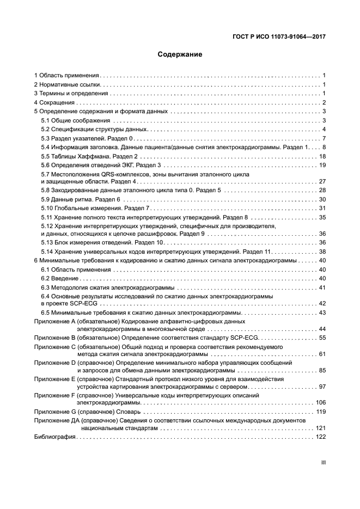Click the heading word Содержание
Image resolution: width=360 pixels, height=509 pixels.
(x=180, y=54)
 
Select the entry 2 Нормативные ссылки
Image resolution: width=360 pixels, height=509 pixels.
(x=68, y=84)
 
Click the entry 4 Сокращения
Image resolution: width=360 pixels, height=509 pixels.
(x=54, y=102)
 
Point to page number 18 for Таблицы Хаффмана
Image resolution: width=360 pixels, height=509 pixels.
(x=322, y=156)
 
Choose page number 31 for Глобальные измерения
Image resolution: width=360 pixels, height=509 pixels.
(x=322, y=208)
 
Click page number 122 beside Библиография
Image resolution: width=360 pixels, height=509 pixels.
(x=320, y=437)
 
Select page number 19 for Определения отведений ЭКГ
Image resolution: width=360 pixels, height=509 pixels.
(x=322, y=165)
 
